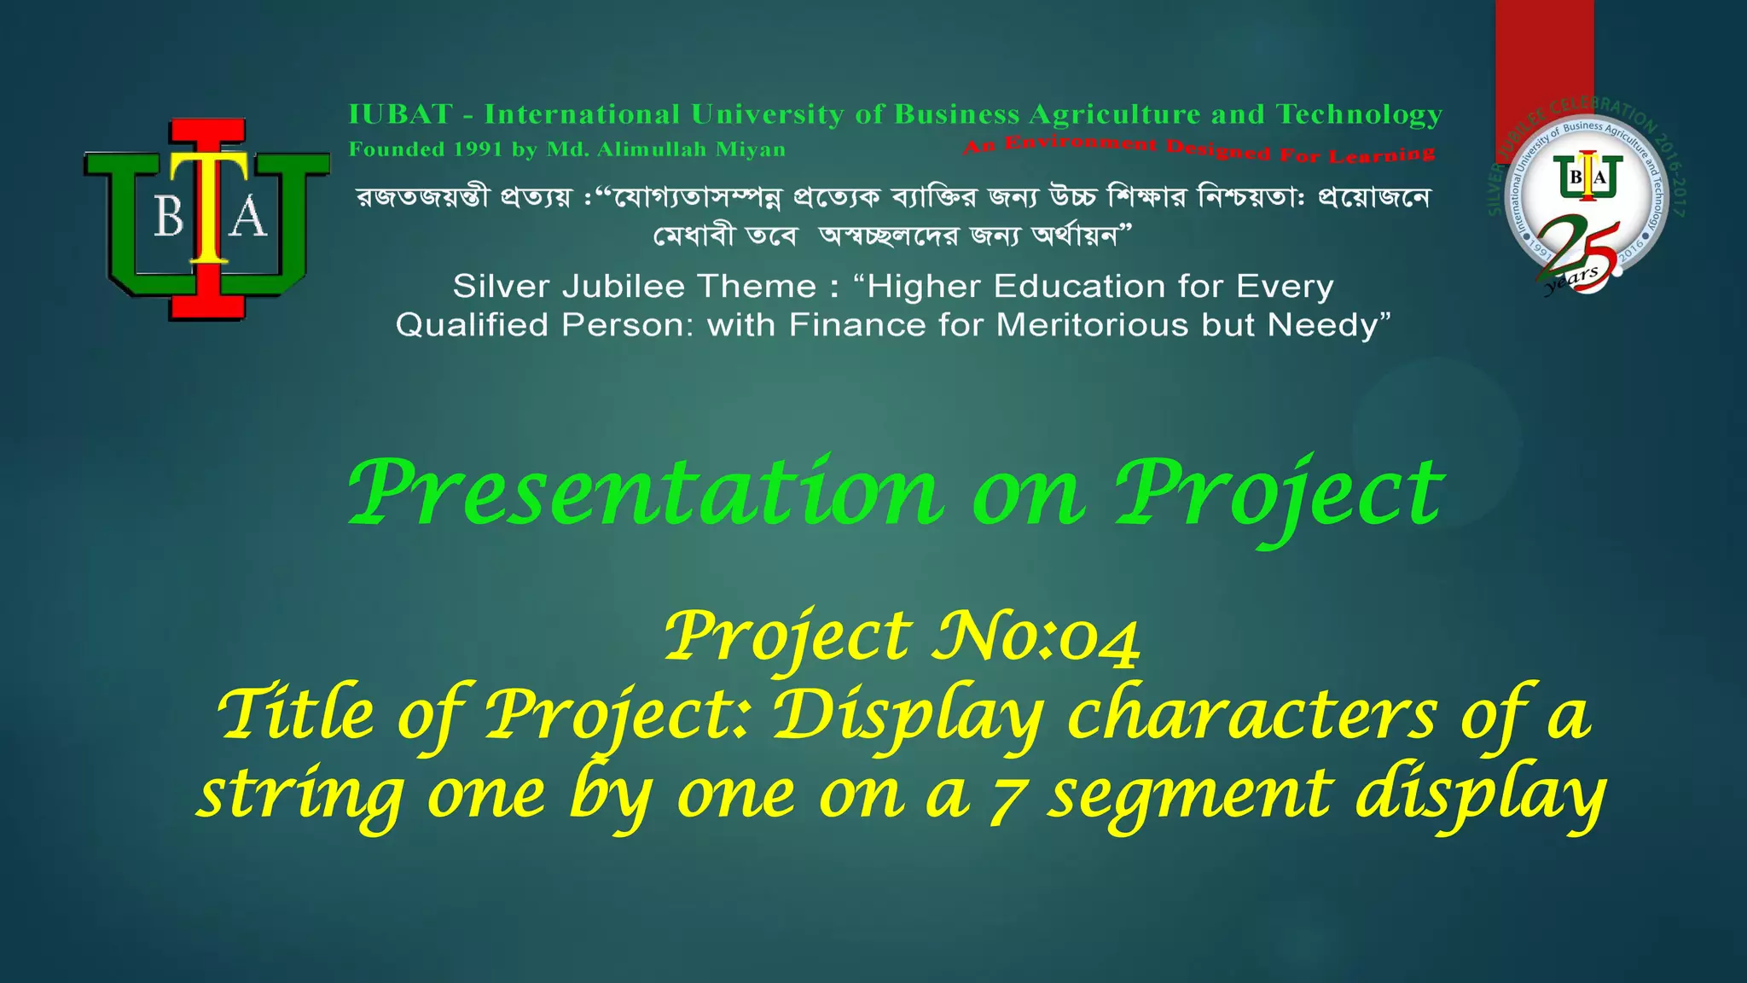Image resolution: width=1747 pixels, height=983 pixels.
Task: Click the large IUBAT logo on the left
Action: [x=207, y=219]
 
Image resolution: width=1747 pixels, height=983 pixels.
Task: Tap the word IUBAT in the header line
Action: [x=400, y=113]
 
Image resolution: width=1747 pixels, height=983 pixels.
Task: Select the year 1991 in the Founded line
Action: [x=478, y=149]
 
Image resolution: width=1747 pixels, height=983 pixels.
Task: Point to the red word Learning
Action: [x=1382, y=155]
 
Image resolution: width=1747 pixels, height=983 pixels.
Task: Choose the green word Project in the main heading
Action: [x=1280, y=495]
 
